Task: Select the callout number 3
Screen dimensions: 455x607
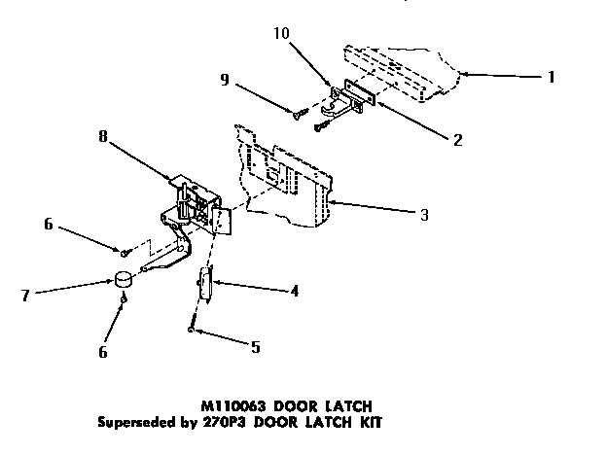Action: pyautogui.click(x=424, y=215)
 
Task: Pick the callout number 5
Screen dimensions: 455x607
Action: pyautogui.click(x=255, y=346)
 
